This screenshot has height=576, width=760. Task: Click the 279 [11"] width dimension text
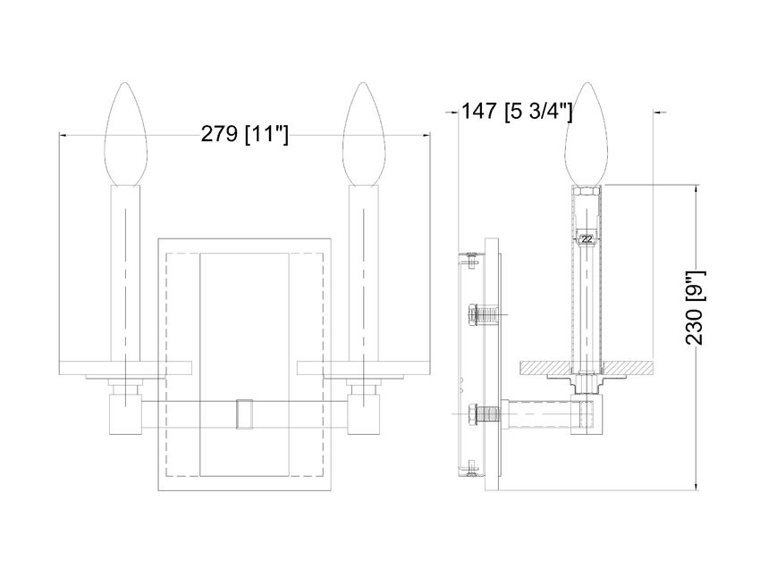pyautogui.click(x=243, y=135)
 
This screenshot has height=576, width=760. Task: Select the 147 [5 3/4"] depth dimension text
pyautogui.click(x=517, y=112)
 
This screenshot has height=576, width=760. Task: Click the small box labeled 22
pyautogui.click(x=586, y=238)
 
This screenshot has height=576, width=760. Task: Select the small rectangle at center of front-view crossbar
pyautogui.click(x=244, y=413)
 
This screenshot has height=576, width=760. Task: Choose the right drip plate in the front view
pyautogui.click(x=364, y=366)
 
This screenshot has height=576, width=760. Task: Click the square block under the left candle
pyautogui.click(x=125, y=413)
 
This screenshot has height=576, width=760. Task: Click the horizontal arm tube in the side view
pyautogui.click(x=541, y=414)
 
